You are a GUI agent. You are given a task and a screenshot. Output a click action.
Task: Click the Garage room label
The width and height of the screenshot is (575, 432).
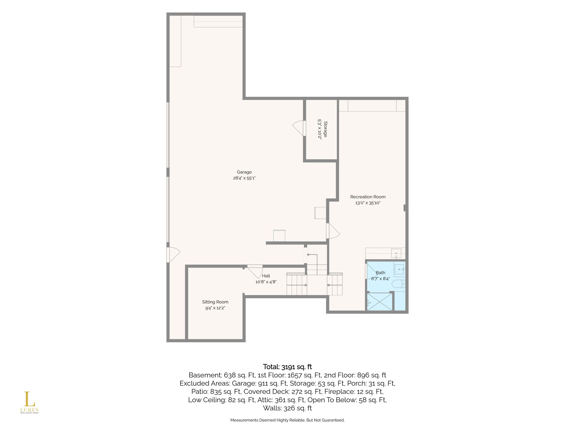(244, 172)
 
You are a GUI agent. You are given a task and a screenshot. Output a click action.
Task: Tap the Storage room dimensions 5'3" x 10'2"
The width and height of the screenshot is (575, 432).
(319, 129)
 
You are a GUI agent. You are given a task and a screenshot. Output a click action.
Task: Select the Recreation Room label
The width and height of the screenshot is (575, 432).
(368, 197)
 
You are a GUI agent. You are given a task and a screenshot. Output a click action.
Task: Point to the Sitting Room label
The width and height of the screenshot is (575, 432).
(215, 302)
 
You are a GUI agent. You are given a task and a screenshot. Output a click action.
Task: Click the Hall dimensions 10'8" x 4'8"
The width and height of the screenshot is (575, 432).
(266, 282)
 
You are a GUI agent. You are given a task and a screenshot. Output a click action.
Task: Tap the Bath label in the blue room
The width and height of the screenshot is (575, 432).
(380, 273)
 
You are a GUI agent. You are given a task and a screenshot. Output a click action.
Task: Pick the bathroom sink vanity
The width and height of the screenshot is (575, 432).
(400, 269)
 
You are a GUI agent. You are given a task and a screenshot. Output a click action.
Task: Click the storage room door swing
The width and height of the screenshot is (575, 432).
(298, 128)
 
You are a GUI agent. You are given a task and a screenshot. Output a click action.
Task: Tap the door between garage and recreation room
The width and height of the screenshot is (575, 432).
(333, 231)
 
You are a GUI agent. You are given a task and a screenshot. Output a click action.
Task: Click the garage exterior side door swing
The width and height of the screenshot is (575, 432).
(174, 255)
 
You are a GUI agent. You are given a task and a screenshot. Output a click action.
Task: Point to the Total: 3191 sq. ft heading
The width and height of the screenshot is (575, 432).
(287, 367)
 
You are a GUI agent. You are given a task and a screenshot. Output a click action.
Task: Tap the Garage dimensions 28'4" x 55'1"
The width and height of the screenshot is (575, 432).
(244, 178)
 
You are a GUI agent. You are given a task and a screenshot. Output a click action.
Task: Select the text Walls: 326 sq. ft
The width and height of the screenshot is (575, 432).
(287, 408)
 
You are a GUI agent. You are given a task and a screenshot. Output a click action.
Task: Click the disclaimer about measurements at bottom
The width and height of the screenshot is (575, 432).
(287, 420)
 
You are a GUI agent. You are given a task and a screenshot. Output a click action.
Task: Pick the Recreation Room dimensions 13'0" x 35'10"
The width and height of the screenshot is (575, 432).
(368, 203)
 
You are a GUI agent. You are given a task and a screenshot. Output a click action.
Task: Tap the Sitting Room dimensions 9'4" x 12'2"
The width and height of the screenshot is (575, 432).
(215, 308)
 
